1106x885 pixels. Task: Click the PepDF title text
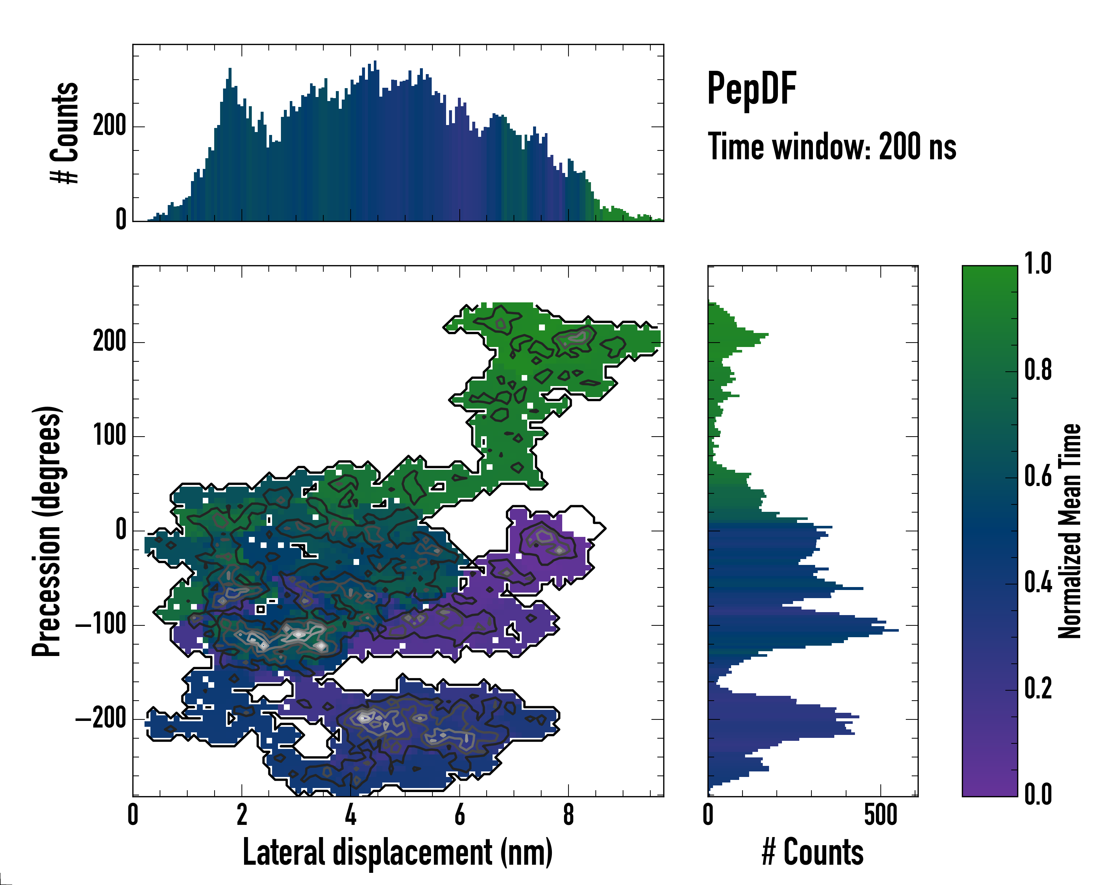(751, 89)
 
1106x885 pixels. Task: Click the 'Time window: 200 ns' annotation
(832, 147)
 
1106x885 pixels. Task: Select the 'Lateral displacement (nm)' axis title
(397, 852)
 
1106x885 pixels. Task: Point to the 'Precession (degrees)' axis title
(47, 531)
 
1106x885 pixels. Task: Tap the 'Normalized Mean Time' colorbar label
(1070, 531)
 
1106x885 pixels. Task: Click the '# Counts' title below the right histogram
(813, 852)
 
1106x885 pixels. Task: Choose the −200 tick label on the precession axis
(101, 719)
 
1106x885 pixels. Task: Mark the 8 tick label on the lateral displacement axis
(568, 815)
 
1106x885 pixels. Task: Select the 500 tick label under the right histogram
(880, 815)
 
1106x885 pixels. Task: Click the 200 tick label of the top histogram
(109, 126)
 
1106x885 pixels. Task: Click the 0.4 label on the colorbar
(1038, 583)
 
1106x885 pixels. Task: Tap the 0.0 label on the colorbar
(1038, 794)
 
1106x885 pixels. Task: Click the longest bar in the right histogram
(803, 629)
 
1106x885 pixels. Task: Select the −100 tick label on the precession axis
(101, 625)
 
